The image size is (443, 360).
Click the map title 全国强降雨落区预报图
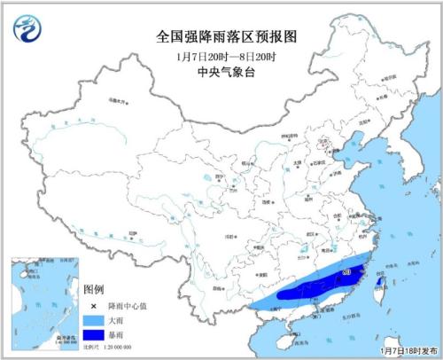click(221, 38)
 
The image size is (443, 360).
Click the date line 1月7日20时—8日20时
click(221, 56)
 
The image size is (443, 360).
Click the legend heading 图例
click(94, 291)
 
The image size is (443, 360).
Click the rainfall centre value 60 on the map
click(346, 270)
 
